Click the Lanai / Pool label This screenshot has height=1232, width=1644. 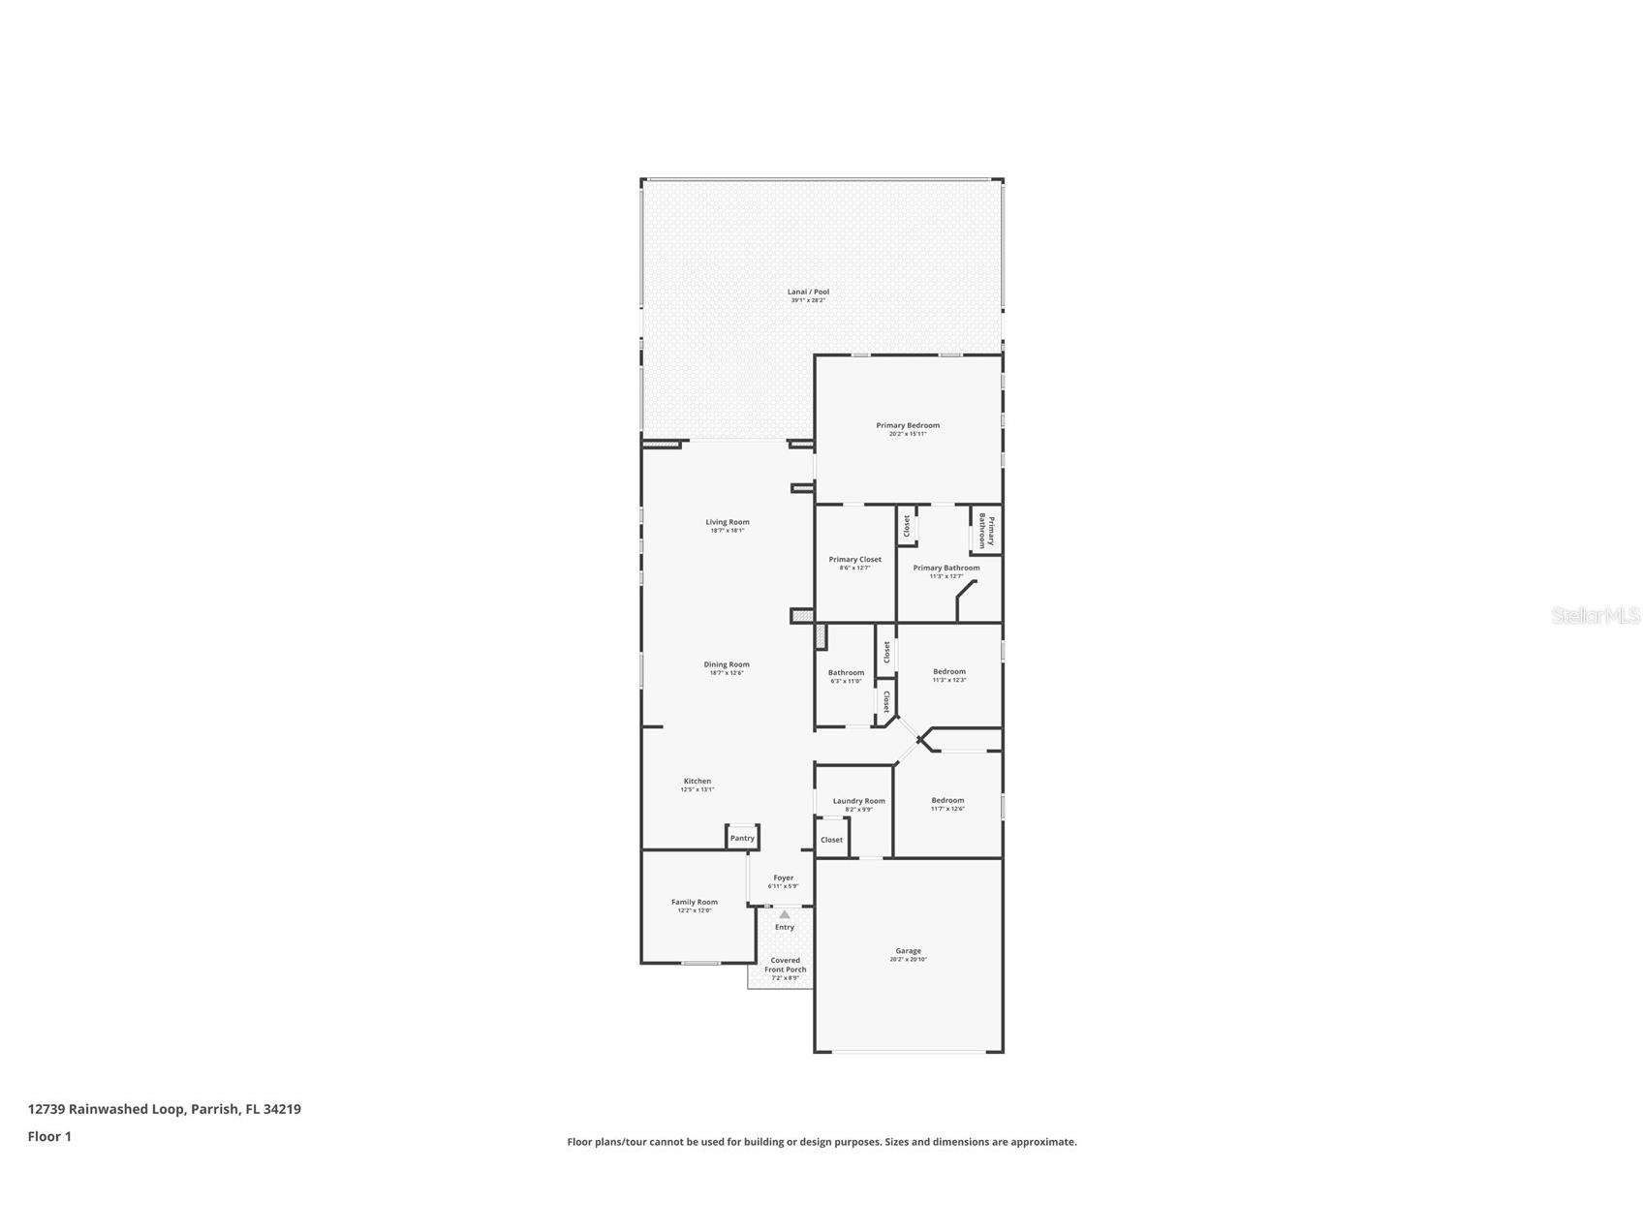pos(808,292)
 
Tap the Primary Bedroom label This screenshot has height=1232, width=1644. pos(908,425)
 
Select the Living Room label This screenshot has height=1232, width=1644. pos(727,522)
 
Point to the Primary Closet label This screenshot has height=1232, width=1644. pos(854,559)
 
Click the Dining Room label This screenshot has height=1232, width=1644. pos(727,664)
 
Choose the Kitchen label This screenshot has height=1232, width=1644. pos(698,781)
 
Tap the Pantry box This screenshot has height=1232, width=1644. pos(742,838)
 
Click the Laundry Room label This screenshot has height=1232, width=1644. pos(858,801)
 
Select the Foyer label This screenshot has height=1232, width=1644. pos(783,878)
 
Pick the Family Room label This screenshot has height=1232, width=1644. pos(695,902)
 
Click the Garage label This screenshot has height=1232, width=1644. pos(908,951)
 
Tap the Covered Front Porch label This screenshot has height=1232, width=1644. pos(785,965)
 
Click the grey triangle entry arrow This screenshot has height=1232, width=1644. pos(784,914)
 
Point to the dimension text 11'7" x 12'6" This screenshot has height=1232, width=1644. pos(947,809)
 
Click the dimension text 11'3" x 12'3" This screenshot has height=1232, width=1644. pos(949,680)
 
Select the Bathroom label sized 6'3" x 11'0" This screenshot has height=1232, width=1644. pos(846,672)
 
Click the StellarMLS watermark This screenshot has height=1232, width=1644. pos(1595,615)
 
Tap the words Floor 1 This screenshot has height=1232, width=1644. pos(49,1136)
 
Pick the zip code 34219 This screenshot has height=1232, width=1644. pos(282,1109)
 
